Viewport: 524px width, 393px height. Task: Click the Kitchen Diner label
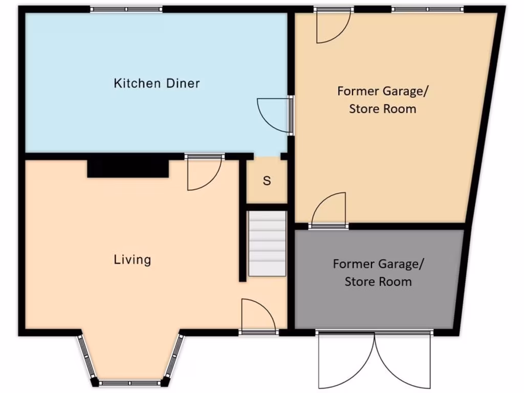(x=157, y=83)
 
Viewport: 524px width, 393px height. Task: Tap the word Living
(x=132, y=259)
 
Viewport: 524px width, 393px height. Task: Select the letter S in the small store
(x=267, y=181)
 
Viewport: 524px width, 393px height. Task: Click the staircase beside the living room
(x=267, y=244)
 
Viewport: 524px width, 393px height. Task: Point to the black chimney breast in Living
(x=127, y=168)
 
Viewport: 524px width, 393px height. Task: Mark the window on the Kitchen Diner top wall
(x=126, y=9)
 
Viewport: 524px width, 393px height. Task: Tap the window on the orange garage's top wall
(x=427, y=9)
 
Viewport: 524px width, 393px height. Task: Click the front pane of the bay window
(x=130, y=383)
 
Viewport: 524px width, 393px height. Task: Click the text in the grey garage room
(x=378, y=273)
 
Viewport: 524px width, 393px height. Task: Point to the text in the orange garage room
(x=383, y=100)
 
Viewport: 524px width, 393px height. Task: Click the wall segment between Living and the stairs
(x=242, y=220)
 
